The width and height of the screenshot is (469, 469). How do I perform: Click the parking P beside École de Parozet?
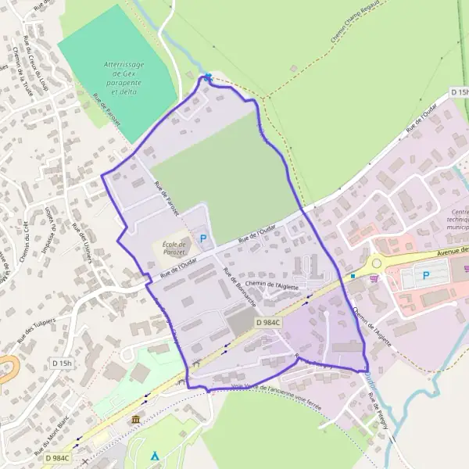click(204, 238)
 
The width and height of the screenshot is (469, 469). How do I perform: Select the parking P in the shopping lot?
click(426, 275)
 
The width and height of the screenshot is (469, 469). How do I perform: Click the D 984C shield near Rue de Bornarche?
click(267, 322)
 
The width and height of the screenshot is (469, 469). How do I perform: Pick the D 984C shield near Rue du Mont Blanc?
click(57, 457)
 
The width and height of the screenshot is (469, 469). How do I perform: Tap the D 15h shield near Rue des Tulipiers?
click(62, 363)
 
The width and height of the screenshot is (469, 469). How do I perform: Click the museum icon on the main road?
click(136, 421)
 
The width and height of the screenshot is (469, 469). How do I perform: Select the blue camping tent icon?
click(155, 454)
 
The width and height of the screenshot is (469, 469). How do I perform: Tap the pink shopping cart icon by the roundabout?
click(376, 277)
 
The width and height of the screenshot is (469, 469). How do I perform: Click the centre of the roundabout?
click(378, 263)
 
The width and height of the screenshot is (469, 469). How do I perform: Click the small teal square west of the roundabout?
click(353, 275)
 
